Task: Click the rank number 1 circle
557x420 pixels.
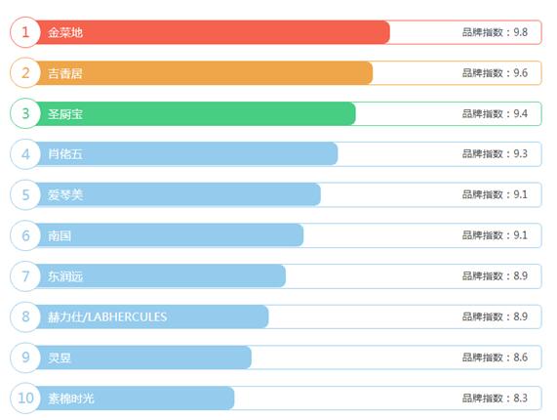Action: coord(25,32)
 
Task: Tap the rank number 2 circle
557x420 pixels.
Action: coord(25,73)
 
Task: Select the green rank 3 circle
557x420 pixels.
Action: coord(25,113)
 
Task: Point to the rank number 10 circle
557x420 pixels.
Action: coord(25,398)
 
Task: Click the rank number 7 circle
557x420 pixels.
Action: coord(25,276)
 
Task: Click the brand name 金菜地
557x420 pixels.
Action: coord(65,32)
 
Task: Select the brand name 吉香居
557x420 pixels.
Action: coord(65,73)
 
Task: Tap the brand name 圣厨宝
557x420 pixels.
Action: coord(65,114)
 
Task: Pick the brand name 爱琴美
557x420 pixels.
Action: coord(65,195)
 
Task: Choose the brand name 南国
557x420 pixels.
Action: coord(60,235)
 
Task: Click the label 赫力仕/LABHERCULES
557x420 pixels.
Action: coord(107,316)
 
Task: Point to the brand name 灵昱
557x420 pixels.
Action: coord(60,357)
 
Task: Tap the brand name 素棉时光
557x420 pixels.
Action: coord(71,399)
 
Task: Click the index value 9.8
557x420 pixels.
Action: coord(520,32)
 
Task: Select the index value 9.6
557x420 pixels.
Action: coord(520,73)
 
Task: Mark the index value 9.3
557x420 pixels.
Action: coord(520,153)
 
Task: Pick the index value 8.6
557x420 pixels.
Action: coord(520,357)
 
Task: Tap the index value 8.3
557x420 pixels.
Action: coord(520,398)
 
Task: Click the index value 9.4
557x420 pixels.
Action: coord(520,113)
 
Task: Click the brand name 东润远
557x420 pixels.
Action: coord(65,276)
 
